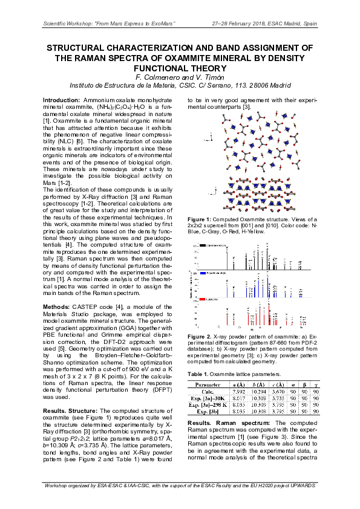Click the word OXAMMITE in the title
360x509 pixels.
tap(182, 58)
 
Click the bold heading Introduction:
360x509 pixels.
tap(64, 99)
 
